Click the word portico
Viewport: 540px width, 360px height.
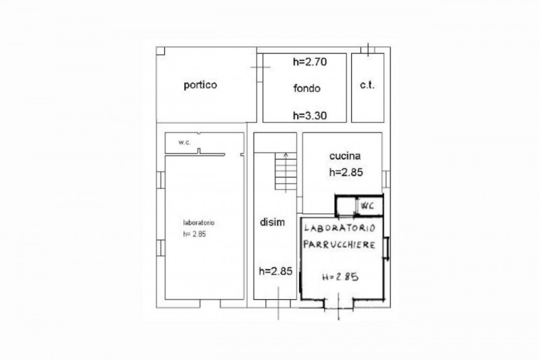[201, 86]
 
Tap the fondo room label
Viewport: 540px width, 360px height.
[307, 88]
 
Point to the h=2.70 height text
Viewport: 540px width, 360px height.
[310, 63]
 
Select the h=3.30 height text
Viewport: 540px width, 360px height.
[310, 115]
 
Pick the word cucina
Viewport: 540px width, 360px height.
[346, 155]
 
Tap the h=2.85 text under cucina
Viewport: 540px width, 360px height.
[346, 172]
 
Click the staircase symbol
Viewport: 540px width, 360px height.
[283, 172]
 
